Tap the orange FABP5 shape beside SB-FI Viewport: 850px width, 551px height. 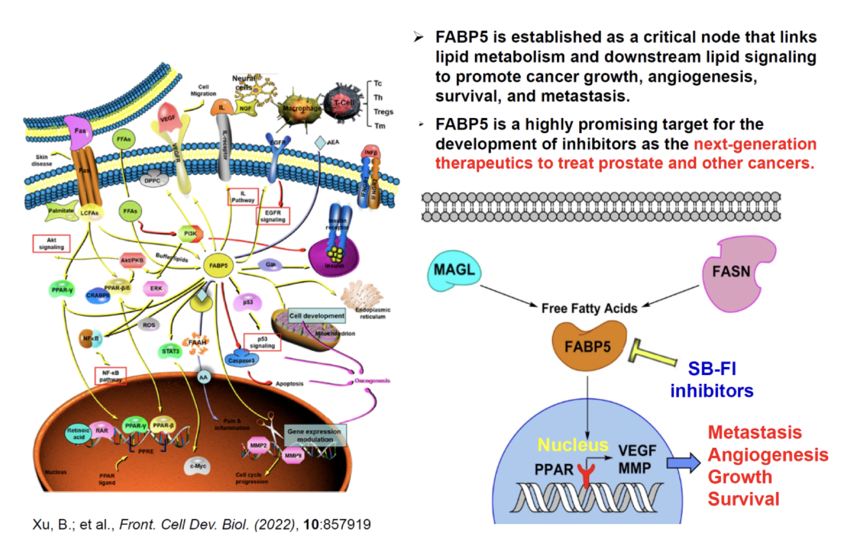click(589, 346)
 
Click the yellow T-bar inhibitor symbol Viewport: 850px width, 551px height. click(652, 354)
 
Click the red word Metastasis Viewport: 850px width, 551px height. click(755, 432)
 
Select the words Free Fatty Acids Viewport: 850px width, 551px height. click(589, 309)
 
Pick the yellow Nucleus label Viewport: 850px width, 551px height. click(573, 445)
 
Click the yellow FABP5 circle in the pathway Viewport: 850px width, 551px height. click(218, 266)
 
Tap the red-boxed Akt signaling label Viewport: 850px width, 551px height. click(52, 244)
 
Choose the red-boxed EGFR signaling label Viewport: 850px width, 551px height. click(273, 216)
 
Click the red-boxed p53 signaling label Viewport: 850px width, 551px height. click(262, 343)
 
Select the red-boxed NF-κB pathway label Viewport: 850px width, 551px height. click(110, 376)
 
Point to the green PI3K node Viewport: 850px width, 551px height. click(190, 234)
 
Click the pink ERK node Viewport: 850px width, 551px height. click(156, 288)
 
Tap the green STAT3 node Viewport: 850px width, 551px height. click(171, 351)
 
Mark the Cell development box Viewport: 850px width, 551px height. click(316, 316)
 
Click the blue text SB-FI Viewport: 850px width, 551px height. click(712, 369)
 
